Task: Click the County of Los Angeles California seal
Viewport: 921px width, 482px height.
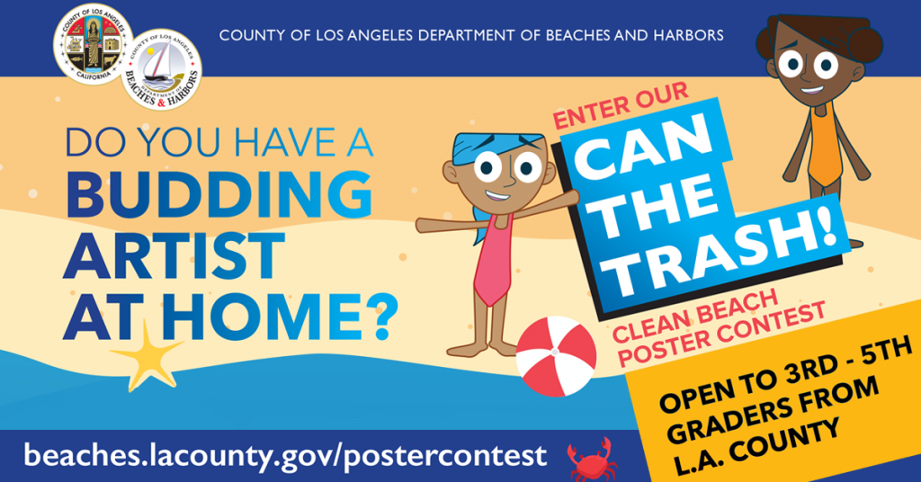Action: [x=94, y=45]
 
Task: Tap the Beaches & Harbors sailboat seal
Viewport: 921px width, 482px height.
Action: [x=162, y=70]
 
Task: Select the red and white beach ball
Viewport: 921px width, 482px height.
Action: [x=556, y=356]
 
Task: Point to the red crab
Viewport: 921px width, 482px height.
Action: [x=593, y=460]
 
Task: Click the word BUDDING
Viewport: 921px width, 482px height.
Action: [x=218, y=194]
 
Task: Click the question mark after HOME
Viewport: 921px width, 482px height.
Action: [x=385, y=317]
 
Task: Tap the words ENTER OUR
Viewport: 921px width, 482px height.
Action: [x=621, y=106]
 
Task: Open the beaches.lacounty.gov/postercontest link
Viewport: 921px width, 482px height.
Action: [x=285, y=456]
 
